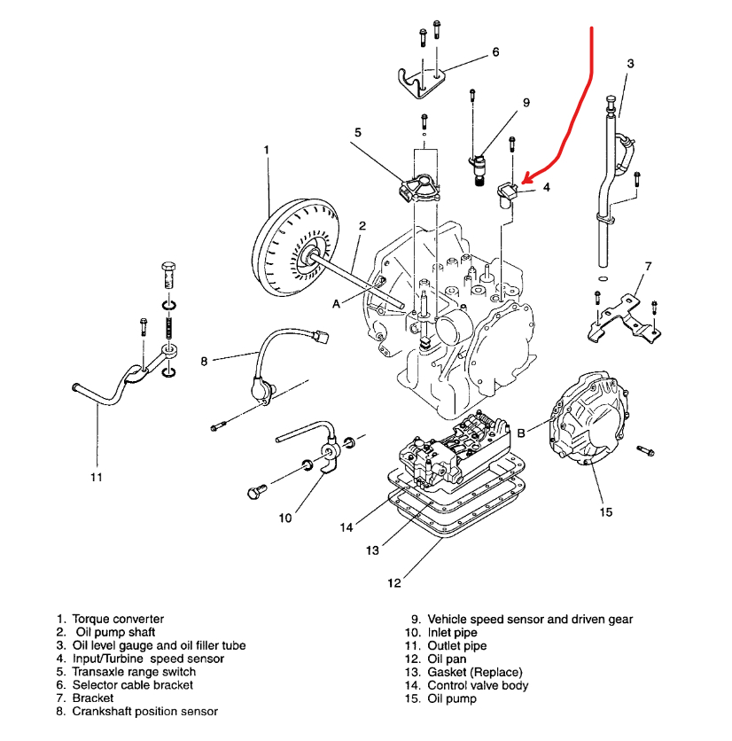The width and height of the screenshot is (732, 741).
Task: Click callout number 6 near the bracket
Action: (495, 53)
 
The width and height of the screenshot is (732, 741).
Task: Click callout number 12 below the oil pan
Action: (393, 582)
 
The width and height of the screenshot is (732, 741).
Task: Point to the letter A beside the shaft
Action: (337, 303)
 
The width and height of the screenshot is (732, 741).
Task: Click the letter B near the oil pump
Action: (522, 433)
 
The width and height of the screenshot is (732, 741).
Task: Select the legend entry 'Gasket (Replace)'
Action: (475, 672)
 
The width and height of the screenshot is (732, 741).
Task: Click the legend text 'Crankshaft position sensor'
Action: (145, 711)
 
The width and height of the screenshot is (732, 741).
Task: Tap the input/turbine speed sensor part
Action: (512, 192)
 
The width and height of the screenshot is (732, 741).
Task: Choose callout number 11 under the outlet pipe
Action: (96, 477)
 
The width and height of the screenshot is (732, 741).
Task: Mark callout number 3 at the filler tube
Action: (630, 64)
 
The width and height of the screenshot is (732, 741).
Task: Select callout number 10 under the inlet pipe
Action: (285, 518)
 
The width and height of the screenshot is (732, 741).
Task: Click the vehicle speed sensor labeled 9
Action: (481, 160)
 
